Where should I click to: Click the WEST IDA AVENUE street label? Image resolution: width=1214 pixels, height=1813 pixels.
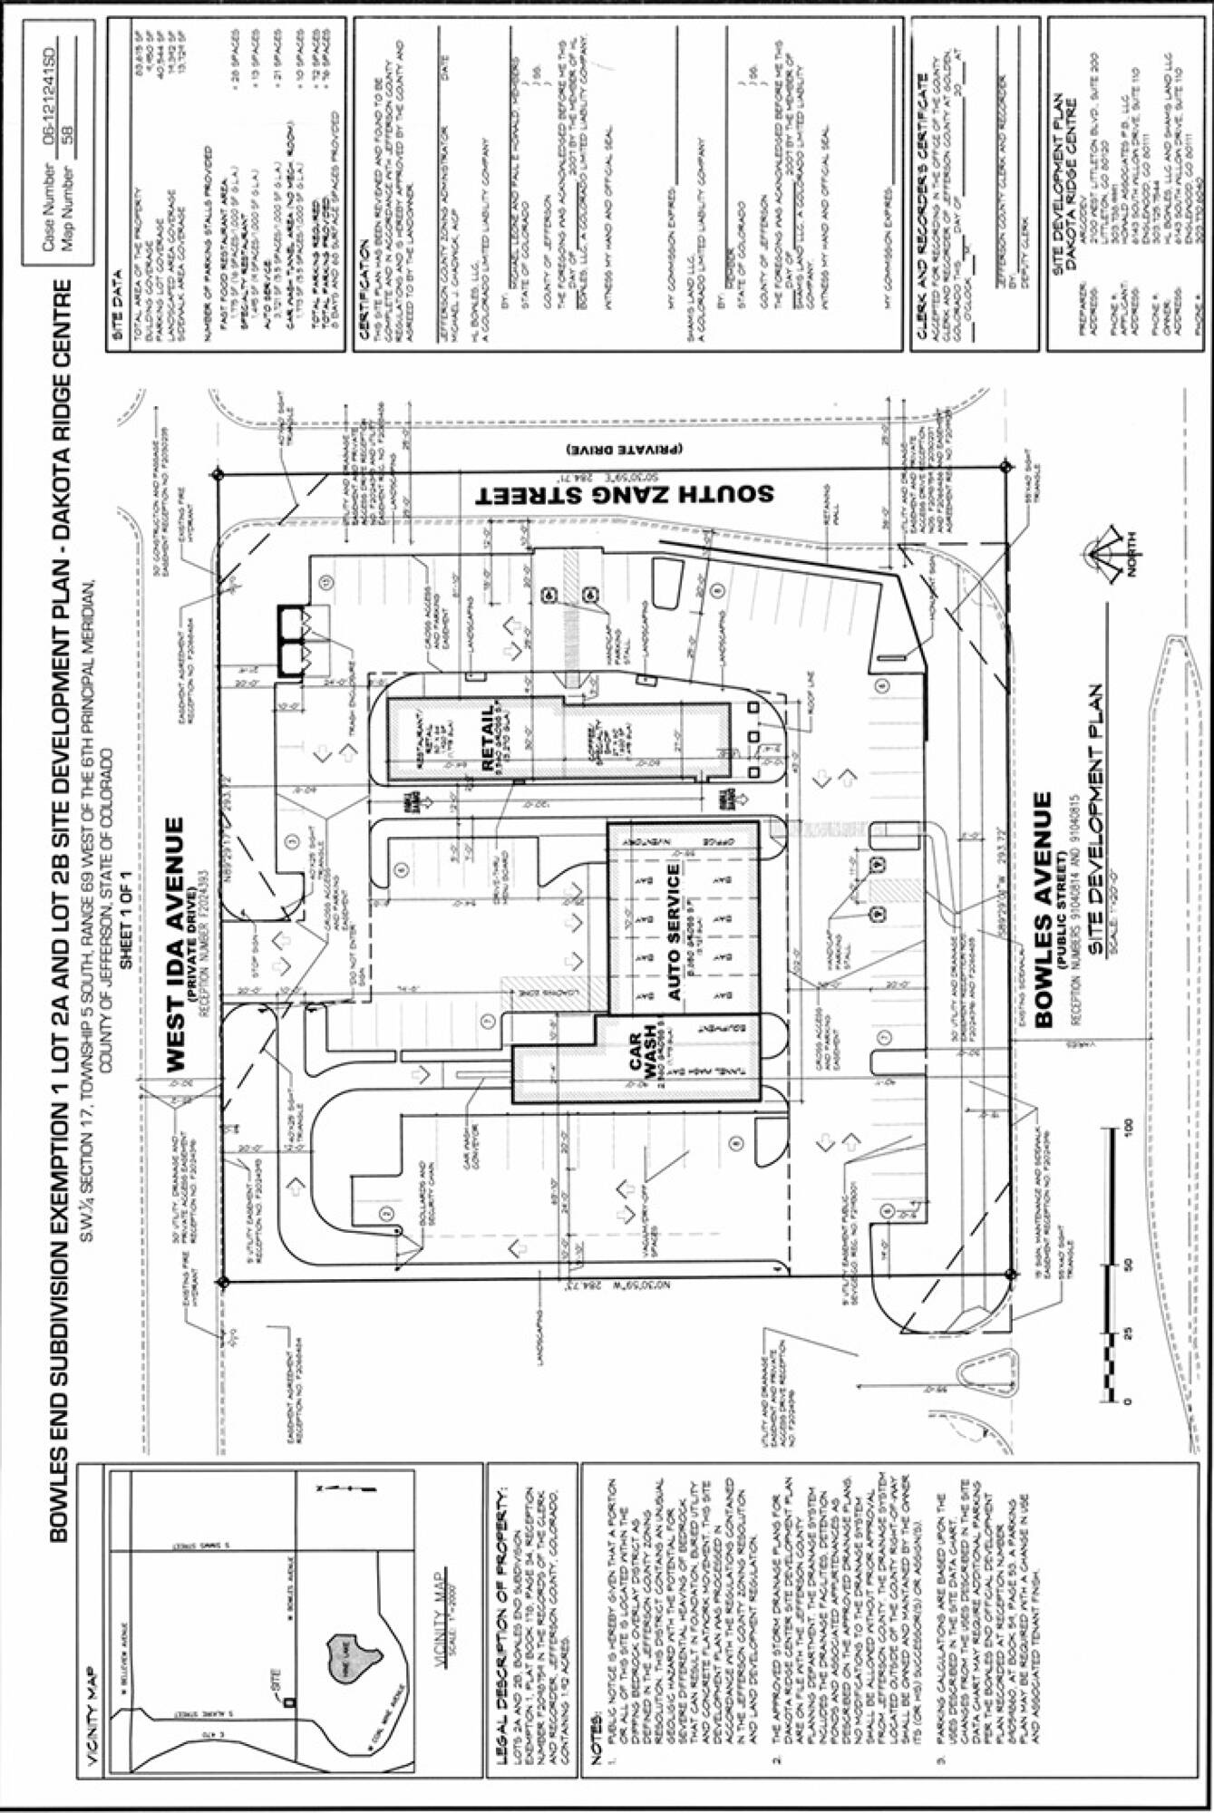[176, 943]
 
